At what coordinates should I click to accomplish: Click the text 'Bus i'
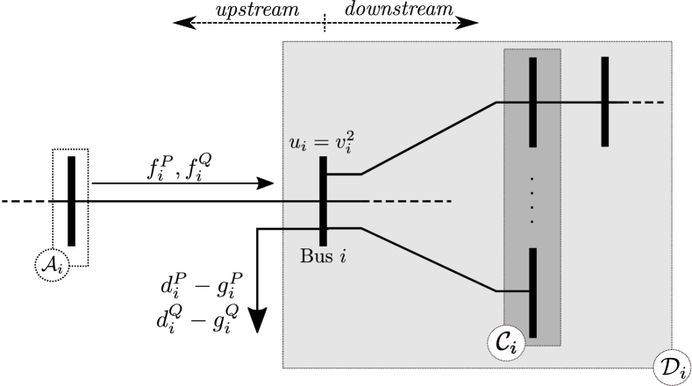[323, 257]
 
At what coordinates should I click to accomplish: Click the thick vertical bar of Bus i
[324, 201]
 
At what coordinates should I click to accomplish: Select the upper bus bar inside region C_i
[532, 102]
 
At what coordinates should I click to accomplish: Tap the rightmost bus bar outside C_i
[605, 102]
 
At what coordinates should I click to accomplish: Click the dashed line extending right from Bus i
[408, 202]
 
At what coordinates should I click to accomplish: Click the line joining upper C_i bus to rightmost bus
[568, 103]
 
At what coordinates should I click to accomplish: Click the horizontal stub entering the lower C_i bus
[514, 291]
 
